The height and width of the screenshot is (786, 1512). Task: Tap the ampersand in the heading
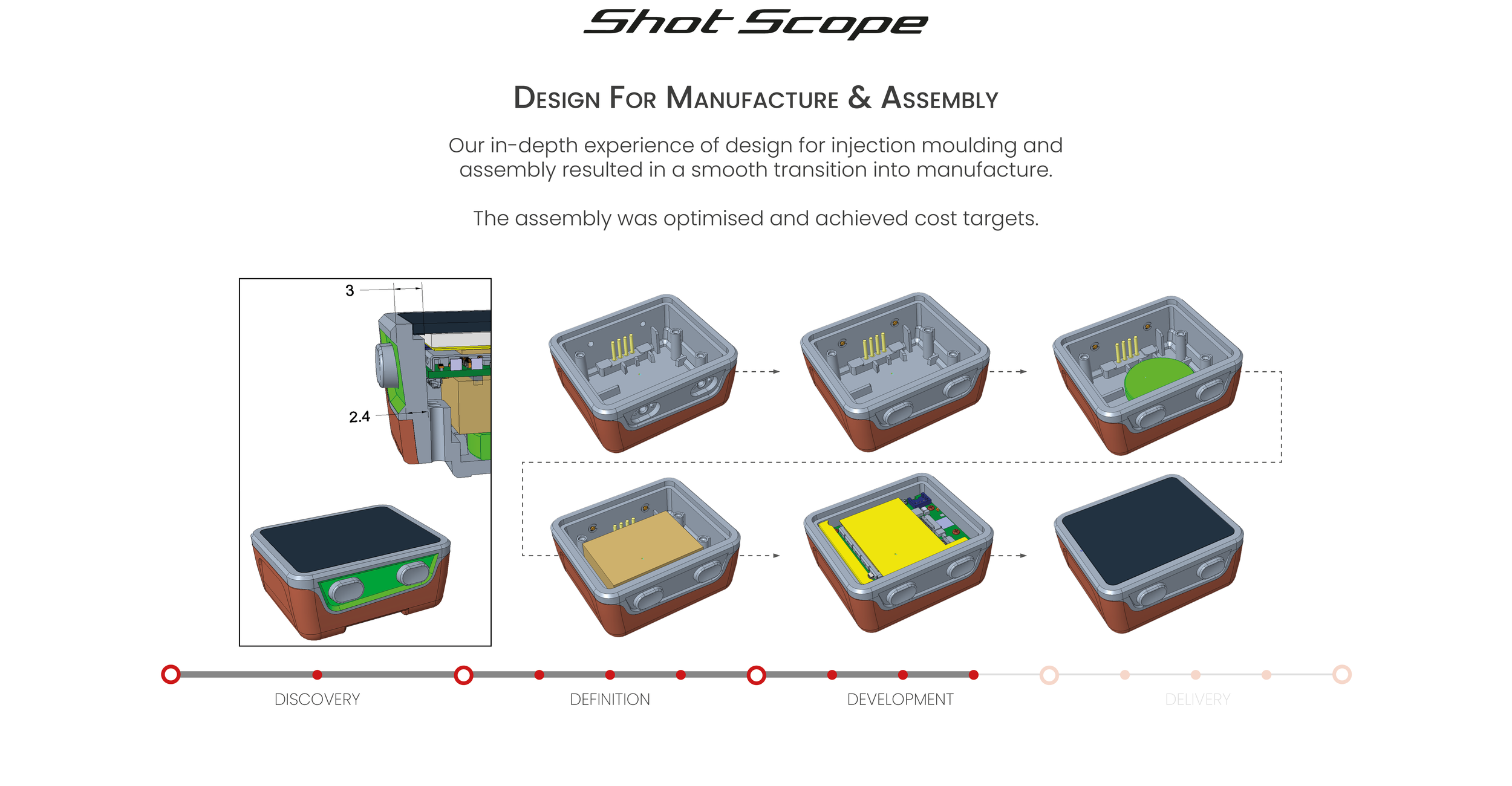click(x=859, y=97)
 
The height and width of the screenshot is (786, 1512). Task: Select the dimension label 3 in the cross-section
click(x=350, y=291)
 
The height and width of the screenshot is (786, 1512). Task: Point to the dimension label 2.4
click(x=359, y=417)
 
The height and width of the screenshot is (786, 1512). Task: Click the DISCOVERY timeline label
click(x=317, y=700)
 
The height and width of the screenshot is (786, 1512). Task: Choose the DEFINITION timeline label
click(x=610, y=700)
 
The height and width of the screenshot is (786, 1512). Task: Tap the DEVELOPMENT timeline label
click(x=900, y=700)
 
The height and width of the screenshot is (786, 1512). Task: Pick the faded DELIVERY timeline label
click(x=1198, y=700)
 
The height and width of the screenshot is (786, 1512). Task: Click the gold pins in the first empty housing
click(x=623, y=346)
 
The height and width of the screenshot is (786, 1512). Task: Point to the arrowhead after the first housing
click(x=777, y=372)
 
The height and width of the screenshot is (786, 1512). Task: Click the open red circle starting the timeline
click(x=171, y=674)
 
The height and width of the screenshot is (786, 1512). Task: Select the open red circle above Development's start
click(x=756, y=675)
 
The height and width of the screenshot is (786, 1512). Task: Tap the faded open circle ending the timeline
click(x=1342, y=674)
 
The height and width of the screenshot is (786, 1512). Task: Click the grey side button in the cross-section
click(x=386, y=365)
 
